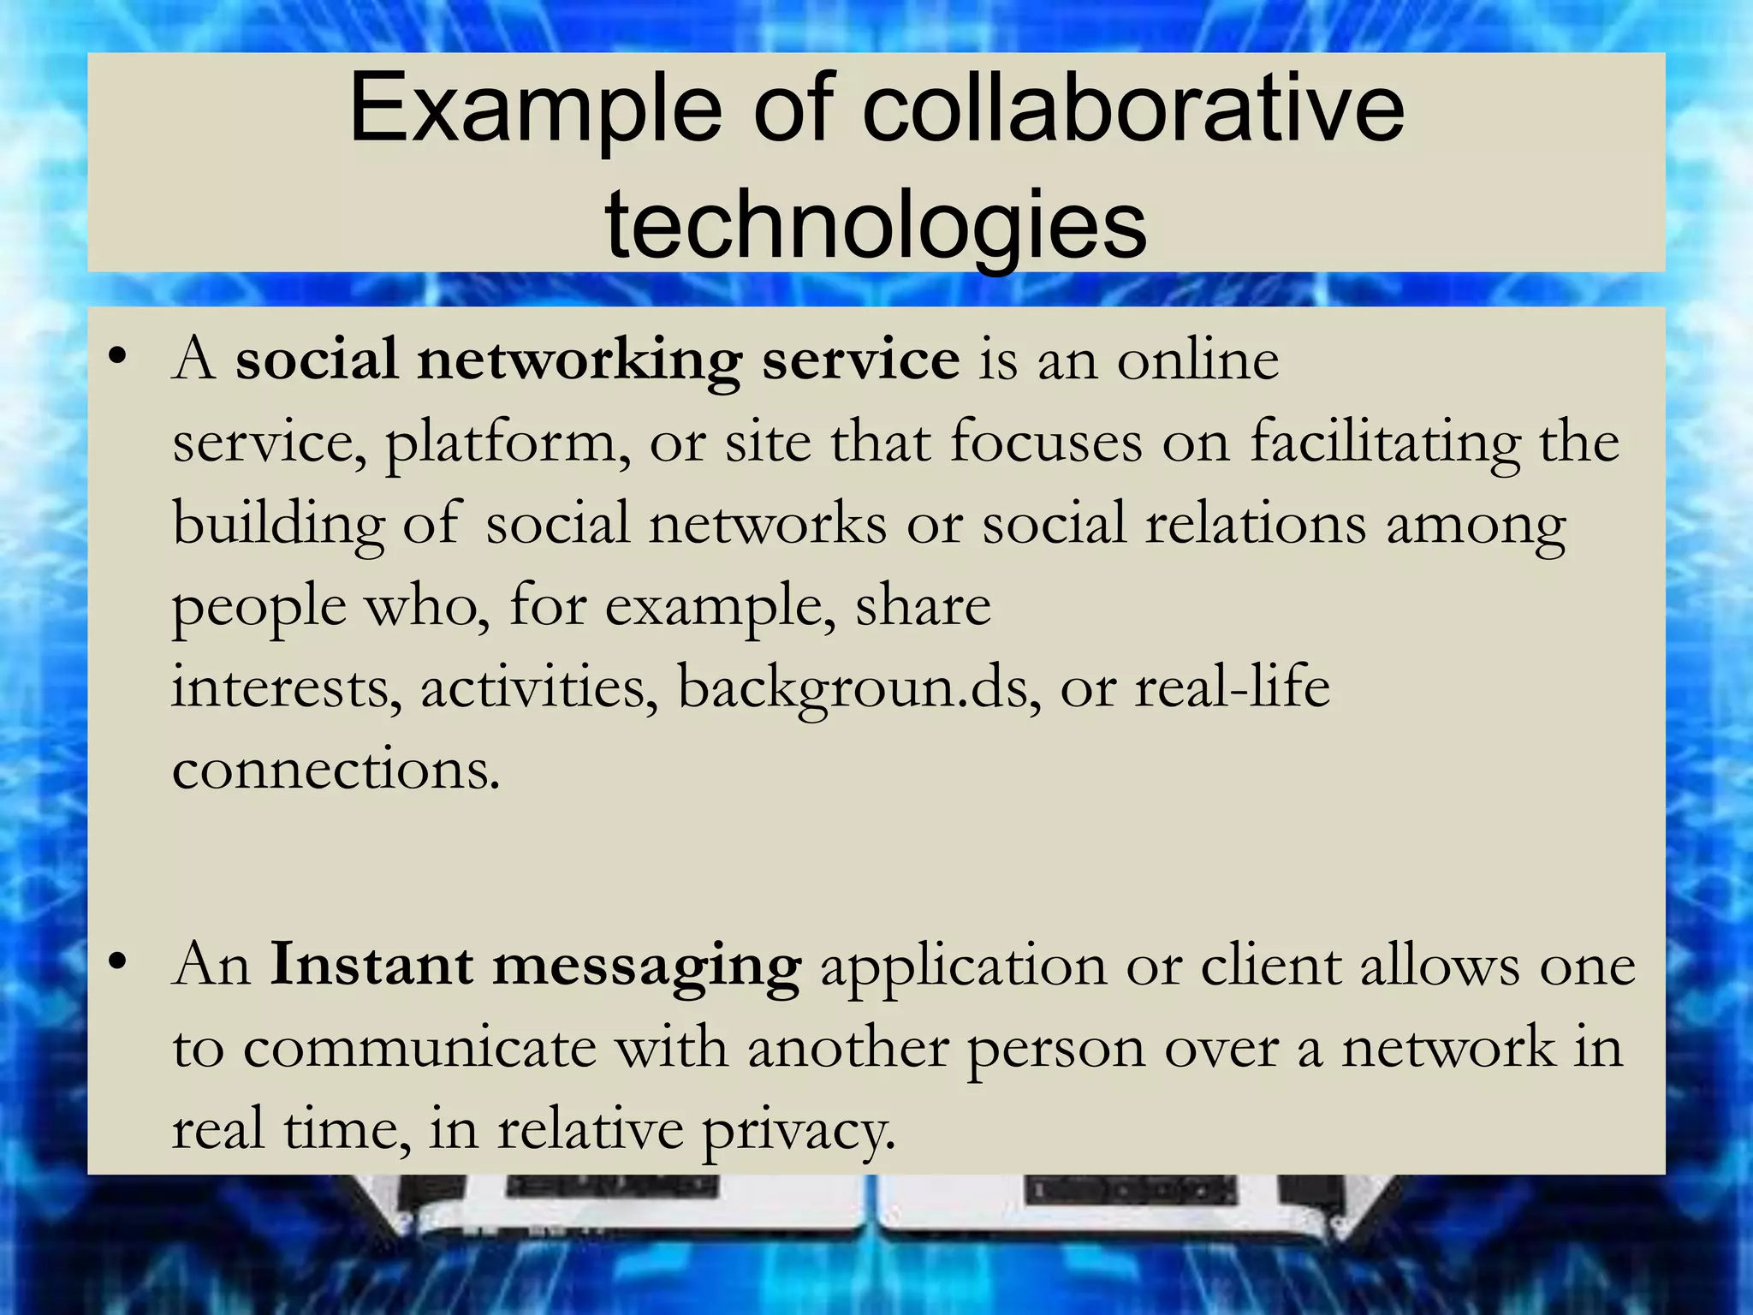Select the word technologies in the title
point(876,224)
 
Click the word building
point(278,525)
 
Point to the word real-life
point(1232,687)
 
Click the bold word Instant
point(371,965)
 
